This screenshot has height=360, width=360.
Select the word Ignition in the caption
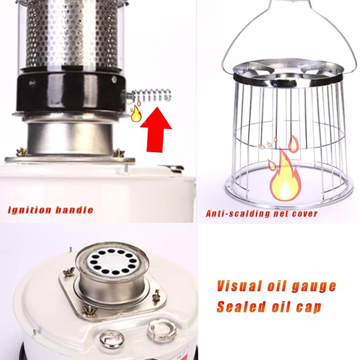click(29, 210)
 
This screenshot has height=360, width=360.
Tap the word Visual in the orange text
click(237, 286)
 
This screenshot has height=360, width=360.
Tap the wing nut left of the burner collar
click(21, 152)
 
